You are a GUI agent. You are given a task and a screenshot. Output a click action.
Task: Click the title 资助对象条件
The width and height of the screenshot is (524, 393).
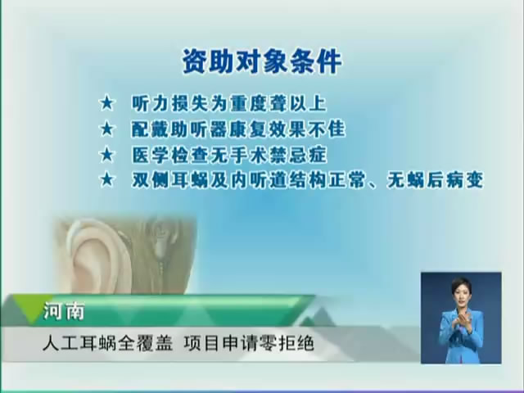click(x=262, y=61)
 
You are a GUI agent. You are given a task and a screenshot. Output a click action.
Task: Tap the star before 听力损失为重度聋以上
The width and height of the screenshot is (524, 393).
click(x=107, y=103)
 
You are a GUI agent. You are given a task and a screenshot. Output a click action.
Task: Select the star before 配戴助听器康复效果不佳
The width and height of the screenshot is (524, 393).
click(x=107, y=129)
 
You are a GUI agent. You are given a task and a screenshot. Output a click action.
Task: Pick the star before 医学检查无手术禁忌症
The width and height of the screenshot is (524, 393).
click(x=107, y=155)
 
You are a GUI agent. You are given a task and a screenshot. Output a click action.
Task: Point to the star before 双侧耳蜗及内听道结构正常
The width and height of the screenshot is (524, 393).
click(x=107, y=180)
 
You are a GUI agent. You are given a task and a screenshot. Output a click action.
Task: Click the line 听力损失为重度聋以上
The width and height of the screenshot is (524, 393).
click(x=229, y=104)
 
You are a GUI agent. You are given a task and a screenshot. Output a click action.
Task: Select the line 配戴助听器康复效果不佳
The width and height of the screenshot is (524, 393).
click(x=238, y=129)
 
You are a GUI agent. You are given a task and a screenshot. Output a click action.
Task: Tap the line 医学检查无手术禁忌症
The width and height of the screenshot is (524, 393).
click(x=229, y=155)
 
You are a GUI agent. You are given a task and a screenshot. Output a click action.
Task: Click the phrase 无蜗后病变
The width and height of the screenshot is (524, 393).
click(x=436, y=180)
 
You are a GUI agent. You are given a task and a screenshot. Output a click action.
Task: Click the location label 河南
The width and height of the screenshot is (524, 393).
click(x=64, y=311)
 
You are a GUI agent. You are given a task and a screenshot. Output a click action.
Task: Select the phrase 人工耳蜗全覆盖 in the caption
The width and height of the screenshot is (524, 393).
click(x=107, y=343)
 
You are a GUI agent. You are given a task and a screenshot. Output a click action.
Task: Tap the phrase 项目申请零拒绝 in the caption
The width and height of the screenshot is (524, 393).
click(x=249, y=343)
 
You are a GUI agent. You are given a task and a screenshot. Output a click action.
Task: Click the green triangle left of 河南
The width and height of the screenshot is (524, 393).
click(x=32, y=309)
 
